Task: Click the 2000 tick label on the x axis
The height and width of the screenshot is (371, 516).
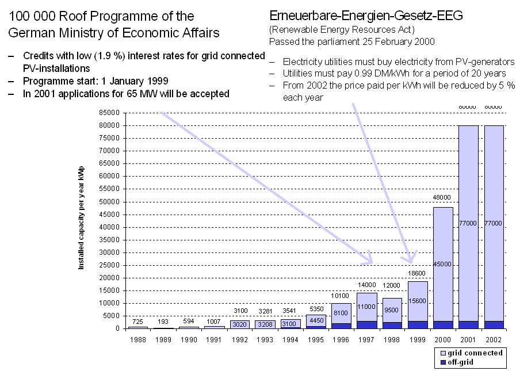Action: click(x=442, y=339)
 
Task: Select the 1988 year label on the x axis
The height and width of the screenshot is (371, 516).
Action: click(x=138, y=339)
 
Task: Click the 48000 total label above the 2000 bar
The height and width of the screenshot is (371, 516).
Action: click(x=442, y=197)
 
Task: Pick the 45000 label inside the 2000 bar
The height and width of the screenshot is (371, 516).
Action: click(x=442, y=265)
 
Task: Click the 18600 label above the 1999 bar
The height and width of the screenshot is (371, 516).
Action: click(x=417, y=273)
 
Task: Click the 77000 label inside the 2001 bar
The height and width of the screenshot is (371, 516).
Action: click(x=468, y=222)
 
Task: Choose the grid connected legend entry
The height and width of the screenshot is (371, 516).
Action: click(x=471, y=353)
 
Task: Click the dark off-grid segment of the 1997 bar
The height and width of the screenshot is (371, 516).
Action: click(x=366, y=325)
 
